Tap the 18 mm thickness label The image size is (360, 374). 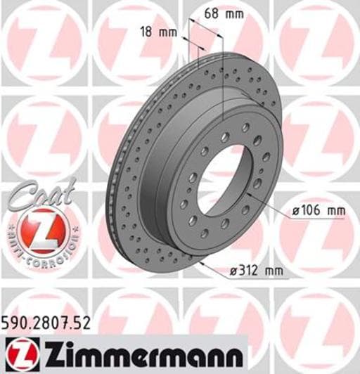(x=157, y=30)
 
